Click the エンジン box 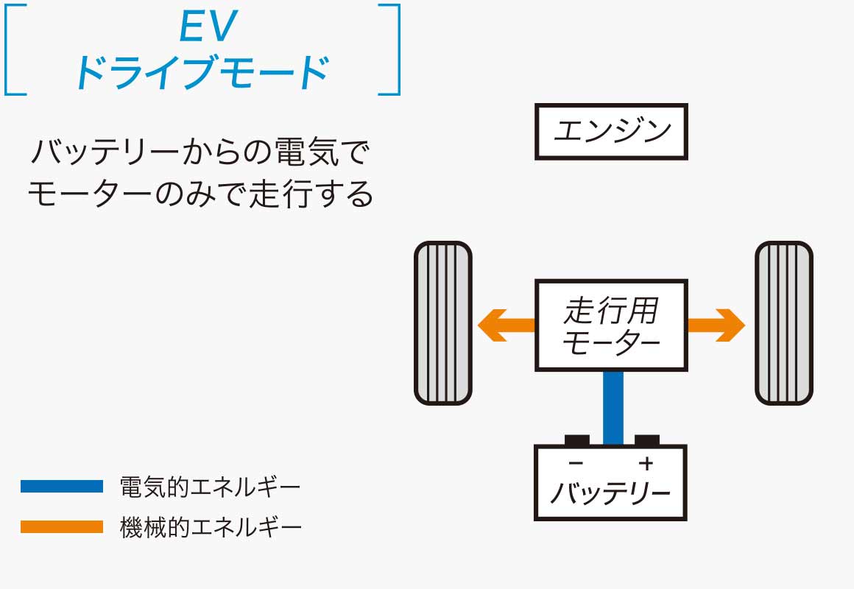611,132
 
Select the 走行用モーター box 611,325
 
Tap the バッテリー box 611,482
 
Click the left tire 442,323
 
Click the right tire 784,323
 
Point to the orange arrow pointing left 505,325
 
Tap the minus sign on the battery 576,463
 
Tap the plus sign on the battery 646,463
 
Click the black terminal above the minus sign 577,440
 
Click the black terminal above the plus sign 646,440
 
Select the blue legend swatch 62,487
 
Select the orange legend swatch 62,527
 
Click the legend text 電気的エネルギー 210,487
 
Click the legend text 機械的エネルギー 210,527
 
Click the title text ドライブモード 202,72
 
